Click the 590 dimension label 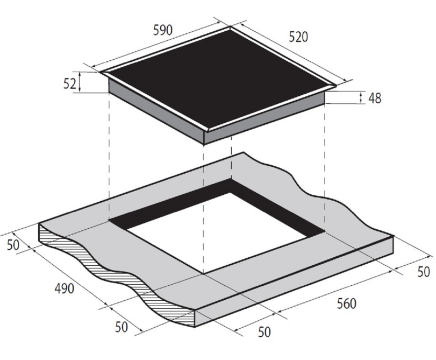point(163,30)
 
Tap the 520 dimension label point(298,37)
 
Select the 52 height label point(69,83)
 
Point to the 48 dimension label point(375,98)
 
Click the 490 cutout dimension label point(64,288)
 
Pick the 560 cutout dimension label point(346,303)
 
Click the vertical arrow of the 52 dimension point(80,82)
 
